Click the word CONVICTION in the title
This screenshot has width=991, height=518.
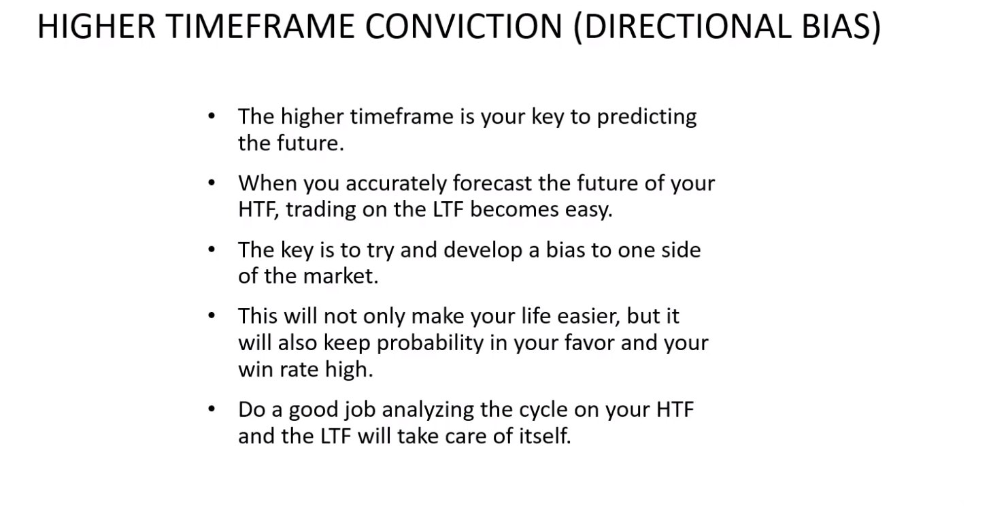pyautogui.click(x=464, y=27)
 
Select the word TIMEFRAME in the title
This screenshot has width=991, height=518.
pyautogui.click(x=261, y=27)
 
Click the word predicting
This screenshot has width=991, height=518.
pyautogui.click(x=647, y=117)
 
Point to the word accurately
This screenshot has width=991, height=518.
pyautogui.click(x=395, y=184)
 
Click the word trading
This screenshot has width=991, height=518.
pyautogui.click(x=321, y=210)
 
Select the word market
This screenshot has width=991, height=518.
pyautogui.click(x=341, y=276)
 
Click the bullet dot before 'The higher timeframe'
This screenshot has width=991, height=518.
pyautogui.click(x=212, y=116)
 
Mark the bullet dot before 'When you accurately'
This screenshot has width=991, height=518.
pyautogui.click(x=212, y=183)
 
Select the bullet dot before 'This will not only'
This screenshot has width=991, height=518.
pyautogui.click(x=212, y=315)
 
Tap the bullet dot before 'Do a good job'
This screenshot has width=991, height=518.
pyautogui.click(x=212, y=409)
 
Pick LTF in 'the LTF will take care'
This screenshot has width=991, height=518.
pyautogui.click(x=336, y=436)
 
